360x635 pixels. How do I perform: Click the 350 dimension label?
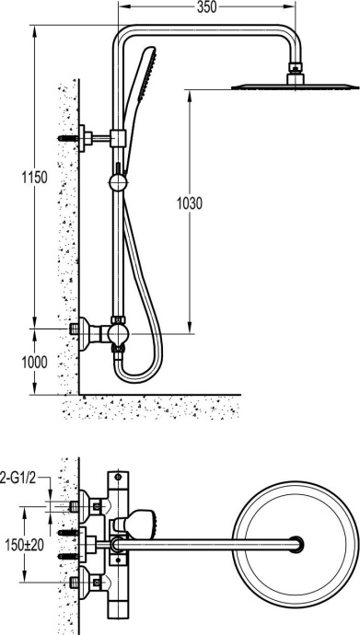tap(206, 6)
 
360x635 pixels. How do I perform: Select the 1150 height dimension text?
tap(34, 178)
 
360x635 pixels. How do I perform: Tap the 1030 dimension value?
tap(189, 203)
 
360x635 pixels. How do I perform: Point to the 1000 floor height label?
tap(34, 362)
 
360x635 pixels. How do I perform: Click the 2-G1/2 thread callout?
tap(18, 478)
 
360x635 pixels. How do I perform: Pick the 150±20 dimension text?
tap(25, 545)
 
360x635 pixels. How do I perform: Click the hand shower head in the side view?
tap(145, 75)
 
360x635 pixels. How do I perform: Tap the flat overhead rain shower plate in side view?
tap(296, 87)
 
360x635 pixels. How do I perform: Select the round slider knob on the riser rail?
tap(118, 181)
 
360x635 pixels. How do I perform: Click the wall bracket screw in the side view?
tap(69, 138)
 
